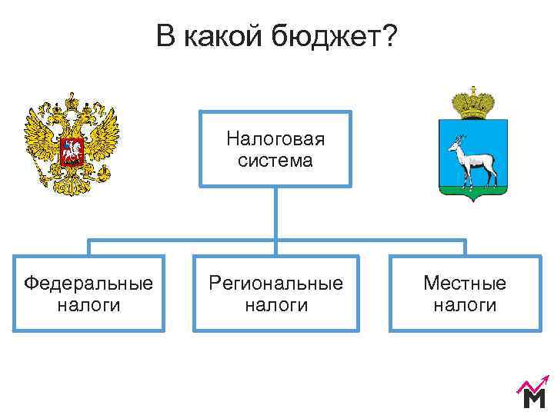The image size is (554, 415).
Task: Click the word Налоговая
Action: click(x=275, y=139)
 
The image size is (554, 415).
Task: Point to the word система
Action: click(x=275, y=161)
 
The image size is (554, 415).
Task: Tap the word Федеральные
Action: click(x=88, y=283)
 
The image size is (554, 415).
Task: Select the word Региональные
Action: click(x=275, y=283)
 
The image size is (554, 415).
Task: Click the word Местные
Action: click(x=465, y=283)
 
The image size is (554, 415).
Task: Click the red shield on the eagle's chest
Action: click(x=72, y=151)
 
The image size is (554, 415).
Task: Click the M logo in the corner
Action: click(x=533, y=397)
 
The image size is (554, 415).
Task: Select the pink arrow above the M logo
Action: click(x=532, y=382)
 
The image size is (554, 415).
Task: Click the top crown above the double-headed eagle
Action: click(x=72, y=101)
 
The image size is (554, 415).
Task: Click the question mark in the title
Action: click(x=390, y=36)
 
